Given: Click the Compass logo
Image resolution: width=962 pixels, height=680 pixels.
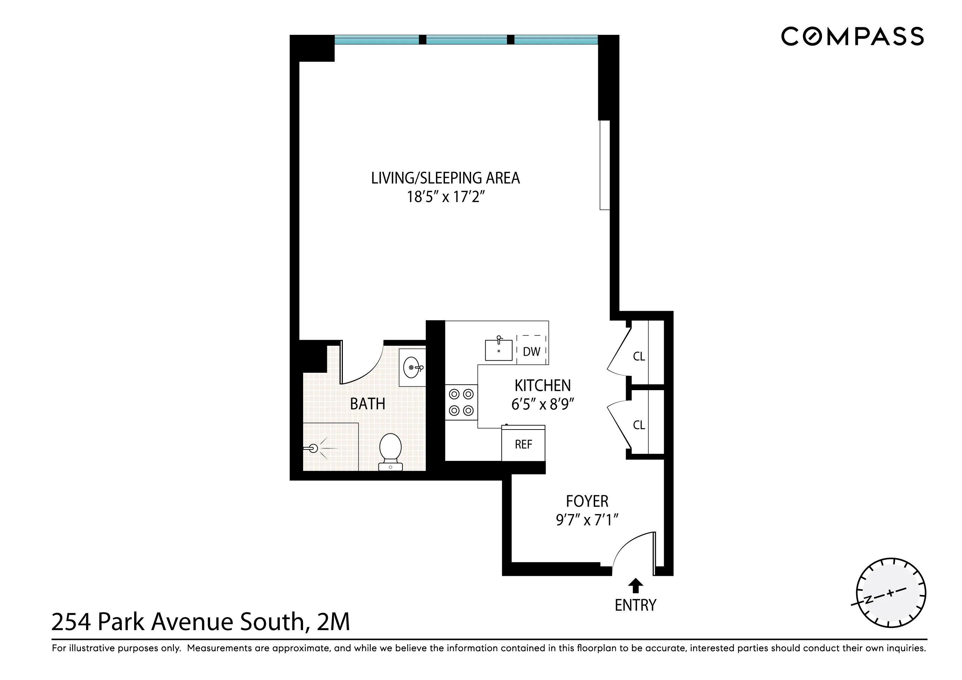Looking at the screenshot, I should click(852, 37).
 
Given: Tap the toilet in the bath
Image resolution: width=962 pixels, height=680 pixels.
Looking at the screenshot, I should click(390, 452).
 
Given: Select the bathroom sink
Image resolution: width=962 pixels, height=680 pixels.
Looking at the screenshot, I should click(412, 368).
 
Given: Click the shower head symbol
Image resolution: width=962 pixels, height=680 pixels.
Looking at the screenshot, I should click(313, 449).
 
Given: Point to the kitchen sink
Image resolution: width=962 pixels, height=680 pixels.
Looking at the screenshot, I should click(498, 350).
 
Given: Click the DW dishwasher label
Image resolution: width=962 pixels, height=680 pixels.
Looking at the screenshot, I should click(531, 351).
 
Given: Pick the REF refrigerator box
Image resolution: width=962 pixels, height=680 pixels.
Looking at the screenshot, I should click(523, 444).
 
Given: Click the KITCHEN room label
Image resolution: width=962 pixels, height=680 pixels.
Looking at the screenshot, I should click(542, 385).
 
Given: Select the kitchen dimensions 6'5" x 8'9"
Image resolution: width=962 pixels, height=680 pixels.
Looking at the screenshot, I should click(542, 404).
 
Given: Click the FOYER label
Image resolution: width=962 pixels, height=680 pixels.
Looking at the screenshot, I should click(587, 501).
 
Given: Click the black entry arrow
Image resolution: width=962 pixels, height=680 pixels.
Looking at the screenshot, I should click(636, 585).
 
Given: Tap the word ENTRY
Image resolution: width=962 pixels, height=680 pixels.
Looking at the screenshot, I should click(635, 605).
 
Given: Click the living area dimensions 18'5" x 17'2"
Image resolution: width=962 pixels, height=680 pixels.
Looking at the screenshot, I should click(445, 196).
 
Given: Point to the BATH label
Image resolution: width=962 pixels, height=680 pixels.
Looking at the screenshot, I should click(368, 404).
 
